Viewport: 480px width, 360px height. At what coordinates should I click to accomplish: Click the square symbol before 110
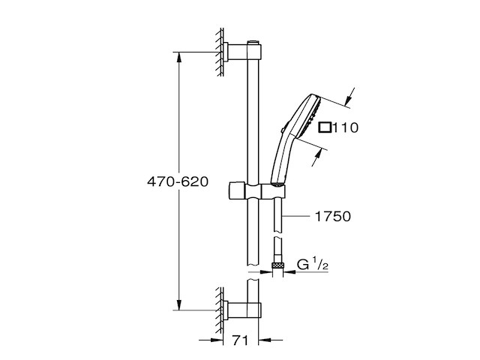(325, 128)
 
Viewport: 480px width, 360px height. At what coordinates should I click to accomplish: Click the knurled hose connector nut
(278, 265)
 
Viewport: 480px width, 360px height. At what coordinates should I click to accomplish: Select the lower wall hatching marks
(218, 309)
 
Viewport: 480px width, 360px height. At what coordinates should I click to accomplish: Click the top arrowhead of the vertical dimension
(178, 55)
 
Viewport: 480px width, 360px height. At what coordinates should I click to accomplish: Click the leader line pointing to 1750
(298, 216)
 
